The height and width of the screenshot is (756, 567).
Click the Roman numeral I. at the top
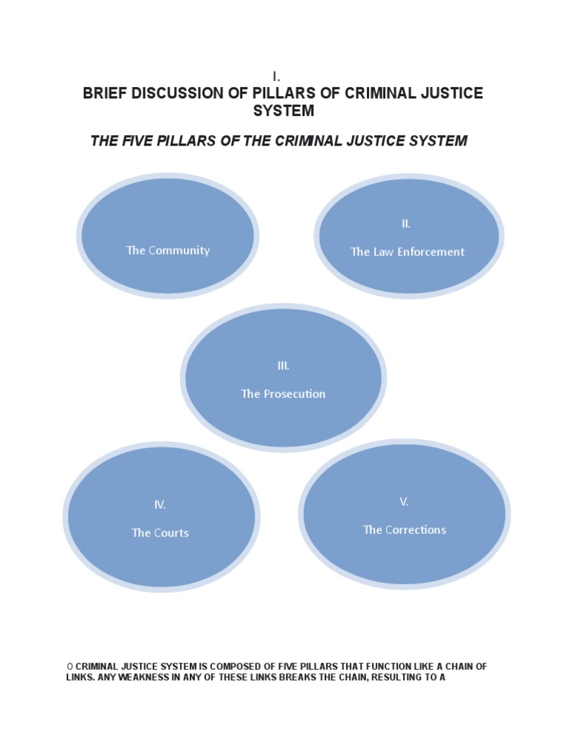[276, 77]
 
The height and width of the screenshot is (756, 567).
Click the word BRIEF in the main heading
[106, 94]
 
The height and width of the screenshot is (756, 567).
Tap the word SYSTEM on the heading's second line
[283, 111]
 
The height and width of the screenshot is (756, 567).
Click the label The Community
[168, 250]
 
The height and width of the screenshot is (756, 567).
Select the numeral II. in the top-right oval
[406, 224]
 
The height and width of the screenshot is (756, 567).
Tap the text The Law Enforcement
[408, 252]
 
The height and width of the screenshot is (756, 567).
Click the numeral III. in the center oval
[283, 365]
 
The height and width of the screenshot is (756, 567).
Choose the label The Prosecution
[283, 394]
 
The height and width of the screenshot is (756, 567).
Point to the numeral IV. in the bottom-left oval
[159, 505]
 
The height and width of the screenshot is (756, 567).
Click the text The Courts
[160, 533]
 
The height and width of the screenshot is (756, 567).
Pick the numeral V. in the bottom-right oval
[404, 502]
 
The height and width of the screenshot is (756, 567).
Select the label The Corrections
[405, 530]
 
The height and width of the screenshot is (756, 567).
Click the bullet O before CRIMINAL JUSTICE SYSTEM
[69, 667]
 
